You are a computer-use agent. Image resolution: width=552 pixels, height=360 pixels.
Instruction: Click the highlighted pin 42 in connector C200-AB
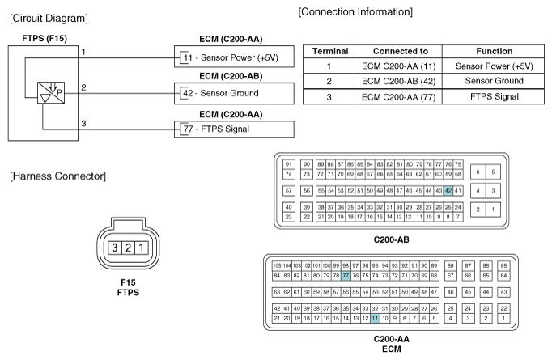click(x=448, y=191)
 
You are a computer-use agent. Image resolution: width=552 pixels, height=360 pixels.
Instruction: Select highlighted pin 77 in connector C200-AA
click(x=346, y=276)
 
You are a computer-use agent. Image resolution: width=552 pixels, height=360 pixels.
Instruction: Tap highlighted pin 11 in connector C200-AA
click(x=376, y=318)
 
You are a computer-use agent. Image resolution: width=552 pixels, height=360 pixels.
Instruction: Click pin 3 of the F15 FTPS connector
click(x=115, y=248)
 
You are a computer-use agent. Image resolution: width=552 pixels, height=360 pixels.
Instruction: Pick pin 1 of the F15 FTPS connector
click(x=142, y=248)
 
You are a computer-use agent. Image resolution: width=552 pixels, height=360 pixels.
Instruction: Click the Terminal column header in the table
click(x=330, y=52)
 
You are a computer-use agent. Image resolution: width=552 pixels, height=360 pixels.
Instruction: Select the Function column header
click(x=495, y=52)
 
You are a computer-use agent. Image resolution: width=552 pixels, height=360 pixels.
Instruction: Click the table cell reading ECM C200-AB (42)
click(x=398, y=81)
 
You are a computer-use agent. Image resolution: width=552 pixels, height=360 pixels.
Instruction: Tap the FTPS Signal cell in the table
click(x=495, y=97)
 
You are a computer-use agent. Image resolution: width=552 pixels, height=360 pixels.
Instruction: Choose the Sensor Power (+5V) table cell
click(x=495, y=66)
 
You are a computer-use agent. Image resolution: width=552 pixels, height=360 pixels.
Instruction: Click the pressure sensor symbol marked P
click(x=51, y=93)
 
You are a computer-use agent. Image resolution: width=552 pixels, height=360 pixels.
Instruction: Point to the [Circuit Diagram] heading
click(x=49, y=19)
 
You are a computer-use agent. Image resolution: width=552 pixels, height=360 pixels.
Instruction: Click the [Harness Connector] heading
click(x=57, y=176)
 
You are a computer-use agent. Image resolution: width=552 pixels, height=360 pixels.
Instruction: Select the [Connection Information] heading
click(x=355, y=12)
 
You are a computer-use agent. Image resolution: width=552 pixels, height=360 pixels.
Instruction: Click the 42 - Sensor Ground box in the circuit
click(x=234, y=93)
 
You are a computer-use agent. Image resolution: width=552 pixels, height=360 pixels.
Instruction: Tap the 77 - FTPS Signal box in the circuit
click(x=234, y=129)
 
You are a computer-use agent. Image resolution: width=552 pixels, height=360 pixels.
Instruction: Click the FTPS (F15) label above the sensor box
click(x=45, y=38)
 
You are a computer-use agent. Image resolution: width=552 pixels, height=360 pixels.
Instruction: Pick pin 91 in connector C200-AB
click(x=289, y=164)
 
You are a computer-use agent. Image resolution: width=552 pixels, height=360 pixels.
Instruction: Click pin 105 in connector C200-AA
click(x=277, y=265)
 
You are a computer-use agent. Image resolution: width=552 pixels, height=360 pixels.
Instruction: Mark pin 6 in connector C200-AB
click(x=478, y=172)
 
